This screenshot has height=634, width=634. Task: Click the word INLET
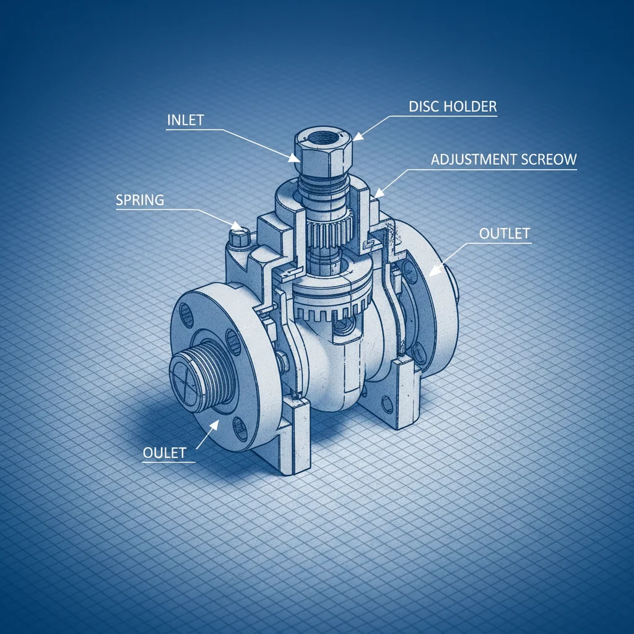pyautogui.click(x=185, y=120)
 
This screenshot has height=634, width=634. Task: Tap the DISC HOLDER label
pyautogui.click(x=453, y=106)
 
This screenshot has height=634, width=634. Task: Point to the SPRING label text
pyautogui.click(x=140, y=200)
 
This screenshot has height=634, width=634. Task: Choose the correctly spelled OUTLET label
pyautogui.click(x=505, y=233)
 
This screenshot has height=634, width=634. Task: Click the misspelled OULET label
pyautogui.click(x=164, y=453)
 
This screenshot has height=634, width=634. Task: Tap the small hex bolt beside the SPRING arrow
pyautogui.click(x=239, y=238)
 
